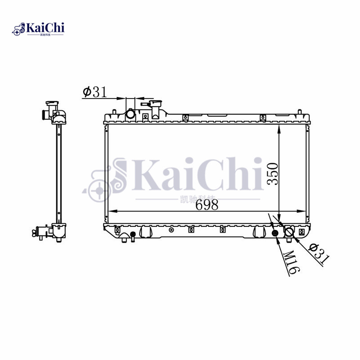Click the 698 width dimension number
pos(207,205)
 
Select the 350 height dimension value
pos(273,174)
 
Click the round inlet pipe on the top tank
pos(130,114)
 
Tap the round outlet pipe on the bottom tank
pos(289,232)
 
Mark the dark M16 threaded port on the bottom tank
pos(276,233)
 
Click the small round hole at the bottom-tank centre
pos(171,230)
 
